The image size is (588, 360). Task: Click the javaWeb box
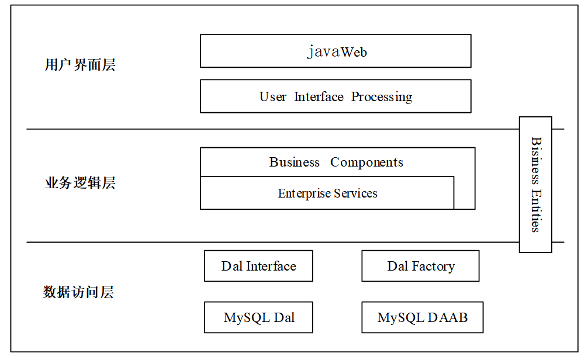pyautogui.click(x=335, y=51)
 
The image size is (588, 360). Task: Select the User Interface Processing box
pyautogui.click(x=335, y=96)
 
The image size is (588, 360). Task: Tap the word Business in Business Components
pyautogui.click(x=295, y=162)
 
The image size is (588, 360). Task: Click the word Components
pyautogui.click(x=366, y=162)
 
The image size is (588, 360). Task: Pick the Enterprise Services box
pyautogui.click(x=327, y=193)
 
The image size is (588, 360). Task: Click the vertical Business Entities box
pyautogui.click(x=535, y=185)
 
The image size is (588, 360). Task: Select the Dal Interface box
pyautogui.click(x=258, y=266)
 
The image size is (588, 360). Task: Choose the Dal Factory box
pyautogui.click(x=420, y=266)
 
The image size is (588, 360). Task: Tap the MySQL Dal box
pyautogui.click(x=258, y=317)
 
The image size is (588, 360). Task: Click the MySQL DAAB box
pyautogui.click(x=422, y=317)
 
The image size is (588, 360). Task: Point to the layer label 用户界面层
pyautogui.click(x=80, y=64)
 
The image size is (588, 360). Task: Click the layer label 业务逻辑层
pyautogui.click(x=80, y=182)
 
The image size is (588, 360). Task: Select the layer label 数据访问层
pyautogui.click(x=78, y=292)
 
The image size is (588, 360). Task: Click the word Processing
pyautogui.click(x=382, y=97)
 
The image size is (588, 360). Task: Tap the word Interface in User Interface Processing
pyautogui.click(x=319, y=96)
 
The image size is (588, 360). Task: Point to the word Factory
pyautogui.click(x=434, y=266)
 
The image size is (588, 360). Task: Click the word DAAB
pyautogui.click(x=448, y=317)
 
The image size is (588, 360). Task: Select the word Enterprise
pyautogui.click(x=304, y=193)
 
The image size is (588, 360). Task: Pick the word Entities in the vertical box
pyautogui.click(x=536, y=211)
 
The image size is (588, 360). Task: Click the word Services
pyautogui.click(x=355, y=193)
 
